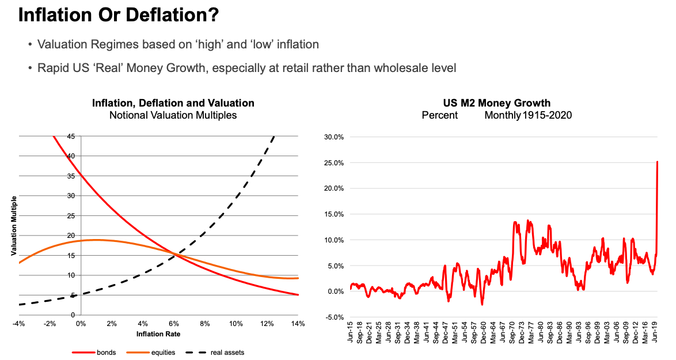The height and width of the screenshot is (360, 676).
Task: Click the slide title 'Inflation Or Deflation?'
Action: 119,16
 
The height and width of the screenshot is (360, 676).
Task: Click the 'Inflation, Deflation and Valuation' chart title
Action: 173,104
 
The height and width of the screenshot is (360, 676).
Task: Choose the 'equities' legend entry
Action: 163,353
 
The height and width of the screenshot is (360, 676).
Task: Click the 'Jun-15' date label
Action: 350,334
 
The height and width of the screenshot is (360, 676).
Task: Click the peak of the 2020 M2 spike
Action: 658,162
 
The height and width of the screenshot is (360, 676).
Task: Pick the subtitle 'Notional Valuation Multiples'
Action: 173,115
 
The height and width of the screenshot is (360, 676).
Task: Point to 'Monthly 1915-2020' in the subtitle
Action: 528,115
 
